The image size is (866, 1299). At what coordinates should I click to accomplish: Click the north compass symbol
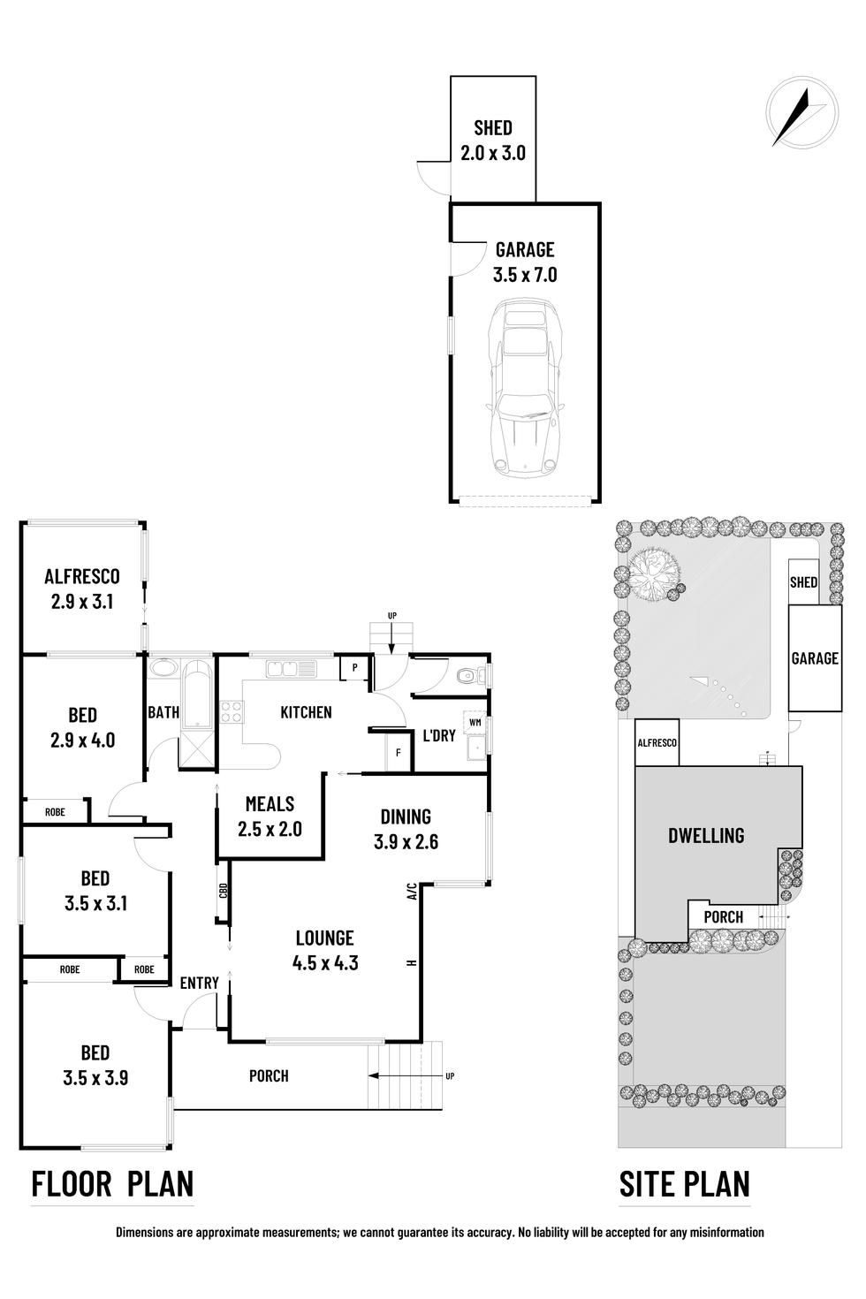click(801, 113)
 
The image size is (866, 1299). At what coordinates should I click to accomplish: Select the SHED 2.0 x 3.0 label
click(493, 141)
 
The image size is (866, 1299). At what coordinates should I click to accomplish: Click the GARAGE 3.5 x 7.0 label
click(525, 262)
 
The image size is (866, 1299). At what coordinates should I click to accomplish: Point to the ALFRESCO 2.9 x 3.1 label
click(82, 589)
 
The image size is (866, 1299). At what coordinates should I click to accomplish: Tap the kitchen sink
click(291, 669)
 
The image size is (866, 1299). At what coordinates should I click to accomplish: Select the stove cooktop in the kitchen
click(232, 710)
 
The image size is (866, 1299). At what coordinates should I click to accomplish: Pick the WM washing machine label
click(475, 722)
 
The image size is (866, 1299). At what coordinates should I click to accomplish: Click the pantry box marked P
click(354, 668)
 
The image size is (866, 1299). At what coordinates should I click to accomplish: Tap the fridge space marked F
click(399, 753)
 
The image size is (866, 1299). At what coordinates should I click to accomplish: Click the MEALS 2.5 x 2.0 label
click(270, 817)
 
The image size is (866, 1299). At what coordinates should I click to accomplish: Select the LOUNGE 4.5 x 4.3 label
click(324, 950)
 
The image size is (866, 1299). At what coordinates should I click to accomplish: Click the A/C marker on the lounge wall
click(411, 892)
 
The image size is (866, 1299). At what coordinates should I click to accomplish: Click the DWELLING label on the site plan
click(706, 835)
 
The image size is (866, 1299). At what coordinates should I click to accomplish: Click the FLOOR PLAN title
click(112, 1183)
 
